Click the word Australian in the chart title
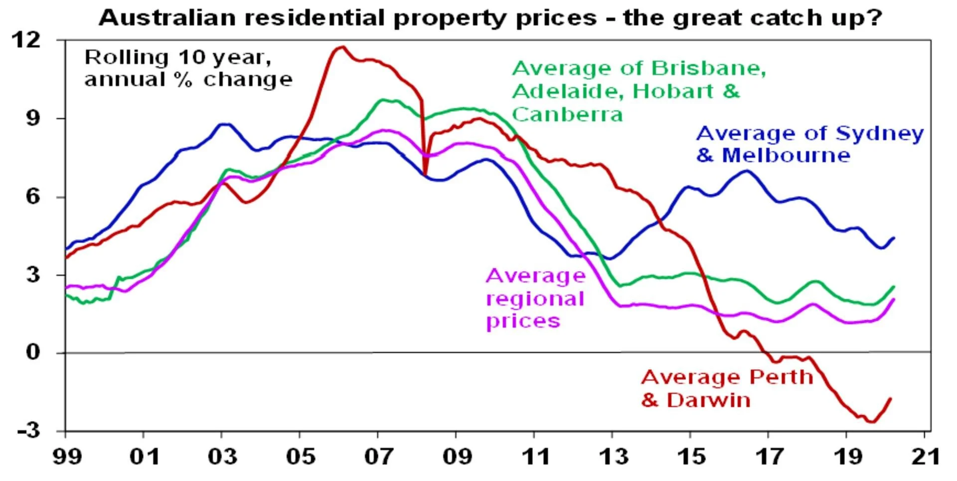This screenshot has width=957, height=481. (167, 18)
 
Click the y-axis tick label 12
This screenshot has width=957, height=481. (26, 40)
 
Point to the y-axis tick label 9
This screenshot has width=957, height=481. (33, 119)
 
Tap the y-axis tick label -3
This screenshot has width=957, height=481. (28, 430)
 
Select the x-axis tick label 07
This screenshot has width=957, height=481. (378, 457)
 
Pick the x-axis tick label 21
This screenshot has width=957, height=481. (925, 457)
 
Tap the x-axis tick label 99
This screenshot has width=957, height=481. (67, 457)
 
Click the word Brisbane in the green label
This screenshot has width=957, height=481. (708, 68)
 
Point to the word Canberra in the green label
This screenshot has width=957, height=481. (567, 115)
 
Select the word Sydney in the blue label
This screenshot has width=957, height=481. (879, 134)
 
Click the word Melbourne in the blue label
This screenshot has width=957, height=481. (786, 156)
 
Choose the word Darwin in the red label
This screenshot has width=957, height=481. (708, 400)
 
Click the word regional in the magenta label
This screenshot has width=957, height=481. (535, 299)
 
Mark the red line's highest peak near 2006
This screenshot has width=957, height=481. (342, 47)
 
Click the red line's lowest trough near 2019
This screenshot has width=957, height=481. (872, 422)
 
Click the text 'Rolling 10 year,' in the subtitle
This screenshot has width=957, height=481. (178, 57)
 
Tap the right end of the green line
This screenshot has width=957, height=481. (894, 287)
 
